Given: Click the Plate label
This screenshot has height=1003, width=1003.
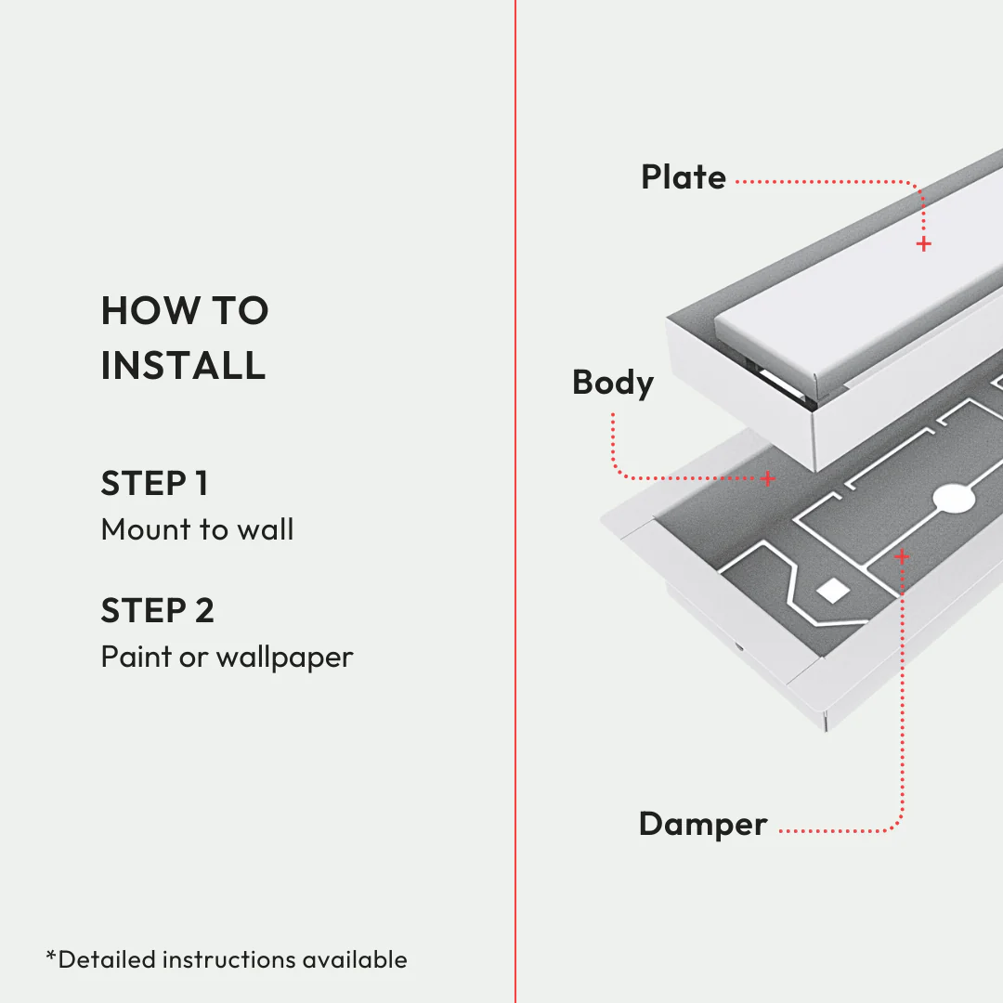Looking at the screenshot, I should [683, 177].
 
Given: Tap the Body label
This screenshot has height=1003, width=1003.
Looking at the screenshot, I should [612, 383].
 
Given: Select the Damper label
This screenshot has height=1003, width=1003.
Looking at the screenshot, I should [703, 824].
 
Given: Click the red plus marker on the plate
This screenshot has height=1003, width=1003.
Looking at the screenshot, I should [923, 244].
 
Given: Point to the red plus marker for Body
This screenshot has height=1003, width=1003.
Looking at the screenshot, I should [768, 478].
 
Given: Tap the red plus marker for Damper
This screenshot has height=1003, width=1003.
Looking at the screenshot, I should [901, 556].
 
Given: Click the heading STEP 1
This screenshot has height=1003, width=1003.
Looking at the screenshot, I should [154, 484].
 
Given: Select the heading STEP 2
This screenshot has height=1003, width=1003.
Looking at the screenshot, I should [157, 611].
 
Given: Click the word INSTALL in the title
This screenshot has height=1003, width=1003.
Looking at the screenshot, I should [183, 365].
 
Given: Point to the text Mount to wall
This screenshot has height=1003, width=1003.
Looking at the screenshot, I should [197, 529].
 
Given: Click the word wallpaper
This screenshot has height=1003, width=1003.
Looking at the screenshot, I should [284, 658].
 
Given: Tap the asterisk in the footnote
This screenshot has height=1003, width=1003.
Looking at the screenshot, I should [51, 955].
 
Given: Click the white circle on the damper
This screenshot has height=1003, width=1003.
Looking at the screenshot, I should [954, 499].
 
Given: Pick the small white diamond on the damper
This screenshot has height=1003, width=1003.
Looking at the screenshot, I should [832, 589].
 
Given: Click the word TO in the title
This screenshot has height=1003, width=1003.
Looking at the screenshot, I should [241, 311].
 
